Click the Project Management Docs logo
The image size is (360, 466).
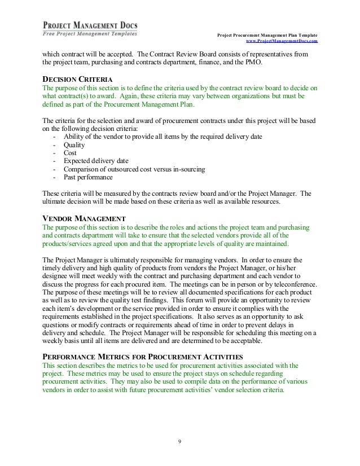click(90, 29)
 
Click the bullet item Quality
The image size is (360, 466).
click(74, 144)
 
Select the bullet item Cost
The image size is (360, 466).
click(71, 152)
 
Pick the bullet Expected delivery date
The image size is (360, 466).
click(95, 161)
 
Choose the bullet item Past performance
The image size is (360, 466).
click(89, 177)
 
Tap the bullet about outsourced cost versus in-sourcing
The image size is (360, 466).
click(134, 169)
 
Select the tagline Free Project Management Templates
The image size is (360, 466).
click(90, 33)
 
